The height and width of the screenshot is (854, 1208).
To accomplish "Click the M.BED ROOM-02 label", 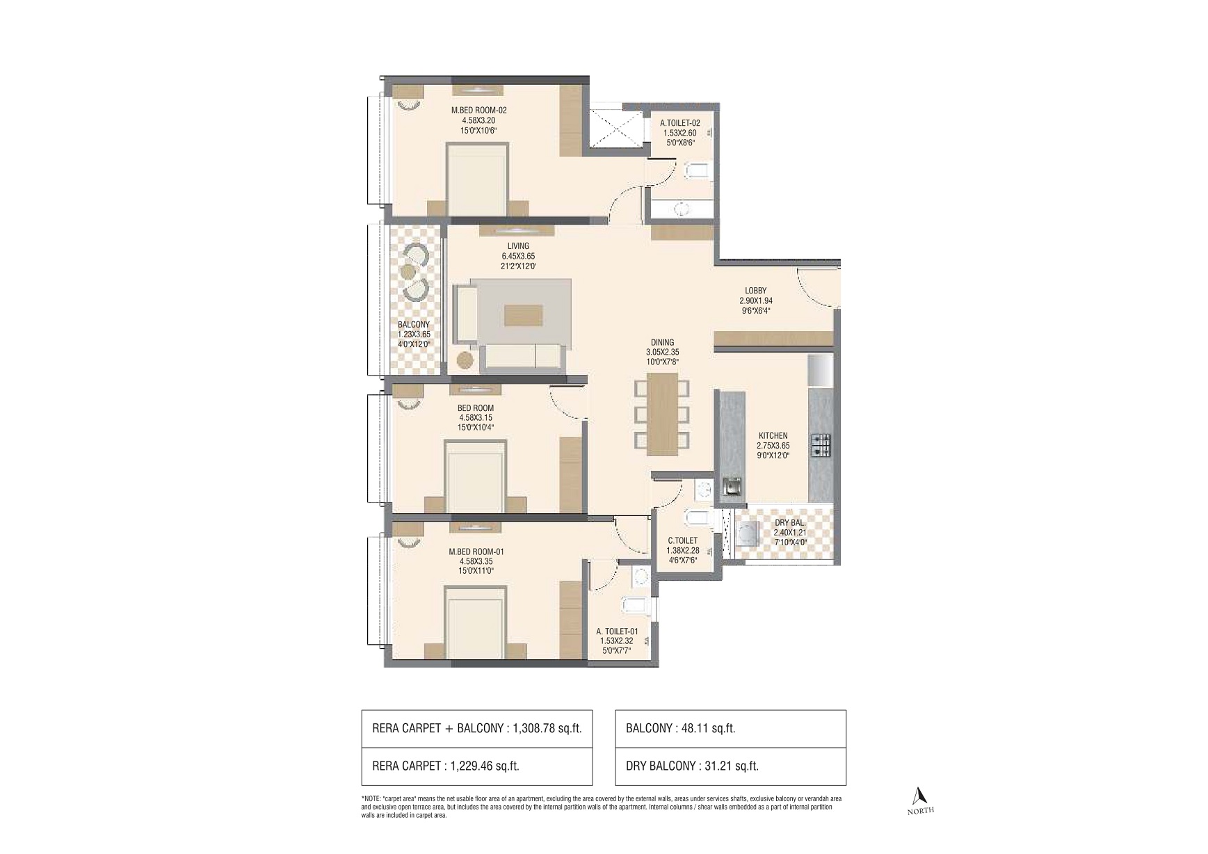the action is pyautogui.click(x=478, y=110).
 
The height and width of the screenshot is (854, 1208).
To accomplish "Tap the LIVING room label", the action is pyautogui.click(x=518, y=245).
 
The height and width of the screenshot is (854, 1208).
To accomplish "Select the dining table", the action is pyautogui.click(x=662, y=414).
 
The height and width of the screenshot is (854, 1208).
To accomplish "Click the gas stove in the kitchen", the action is pyautogui.click(x=821, y=445).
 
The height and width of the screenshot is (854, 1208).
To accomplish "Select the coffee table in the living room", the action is pyautogui.click(x=523, y=315).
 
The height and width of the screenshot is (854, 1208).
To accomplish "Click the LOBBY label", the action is pyautogui.click(x=755, y=291).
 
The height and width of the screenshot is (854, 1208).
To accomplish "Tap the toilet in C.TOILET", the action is pyautogui.click(x=697, y=517).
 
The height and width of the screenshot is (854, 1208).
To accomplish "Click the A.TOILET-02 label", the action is pyautogui.click(x=680, y=123).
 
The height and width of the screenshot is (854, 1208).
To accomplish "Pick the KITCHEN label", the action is pyautogui.click(x=773, y=436).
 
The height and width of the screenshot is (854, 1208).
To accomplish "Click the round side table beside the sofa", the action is pyautogui.click(x=465, y=360).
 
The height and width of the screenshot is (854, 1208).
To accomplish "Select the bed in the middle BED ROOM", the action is pyautogui.click(x=476, y=476).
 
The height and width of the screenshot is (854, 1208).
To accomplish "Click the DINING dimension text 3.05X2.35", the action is pyautogui.click(x=662, y=352).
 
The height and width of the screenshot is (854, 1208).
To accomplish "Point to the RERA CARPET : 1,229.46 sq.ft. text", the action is pyautogui.click(x=446, y=766).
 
